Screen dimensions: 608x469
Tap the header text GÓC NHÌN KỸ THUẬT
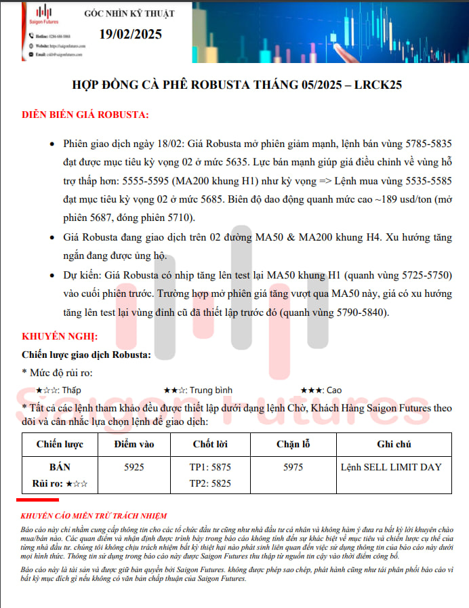(x=129, y=14)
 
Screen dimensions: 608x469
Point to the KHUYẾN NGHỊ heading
(x=60, y=336)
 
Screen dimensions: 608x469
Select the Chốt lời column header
(x=209, y=445)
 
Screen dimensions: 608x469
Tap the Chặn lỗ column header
(x=293, y=445)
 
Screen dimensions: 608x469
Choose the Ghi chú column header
(x=394, y=445)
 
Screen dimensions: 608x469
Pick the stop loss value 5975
(x=293, y=467)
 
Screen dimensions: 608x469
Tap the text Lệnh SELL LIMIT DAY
(x=392, y=467)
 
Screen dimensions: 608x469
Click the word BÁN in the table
(x=60, y=467)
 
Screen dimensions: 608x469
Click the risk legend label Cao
(x=334, y=390)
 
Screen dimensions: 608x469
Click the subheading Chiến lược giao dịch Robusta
(x=87, y=354)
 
